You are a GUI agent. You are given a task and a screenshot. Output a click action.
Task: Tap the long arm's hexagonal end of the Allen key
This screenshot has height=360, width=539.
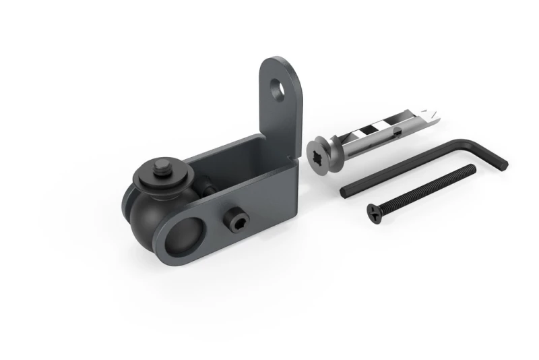point(344,193)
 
